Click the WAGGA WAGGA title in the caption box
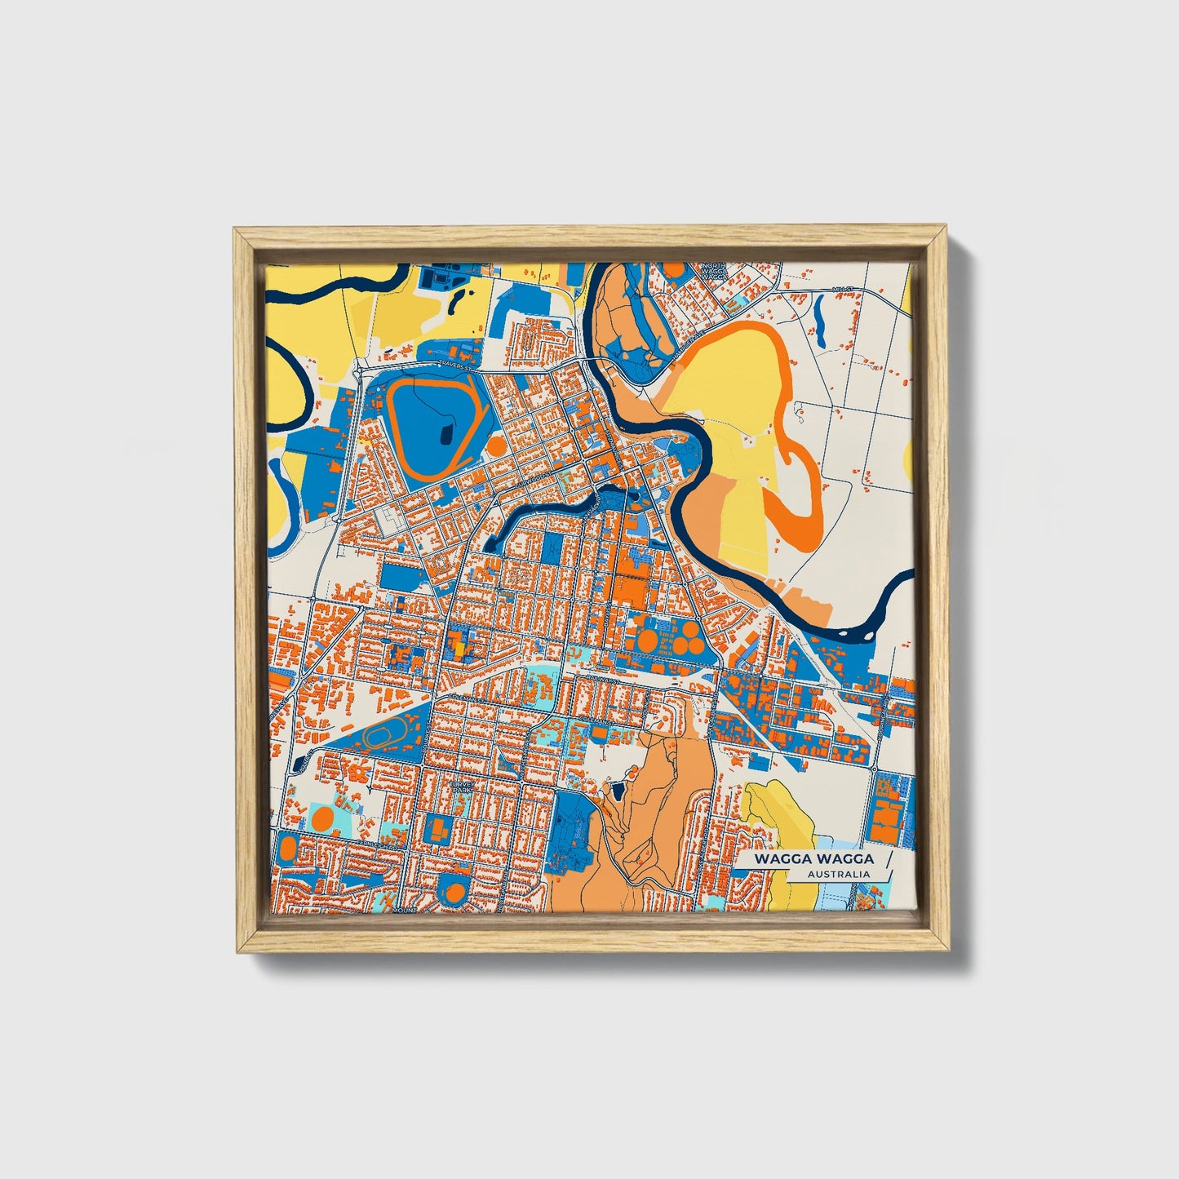[813, 858]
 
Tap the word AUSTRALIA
[838, 875]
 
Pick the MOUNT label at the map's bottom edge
[404, 908]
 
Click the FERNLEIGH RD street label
[381, 847]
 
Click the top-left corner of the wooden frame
[235, 230]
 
